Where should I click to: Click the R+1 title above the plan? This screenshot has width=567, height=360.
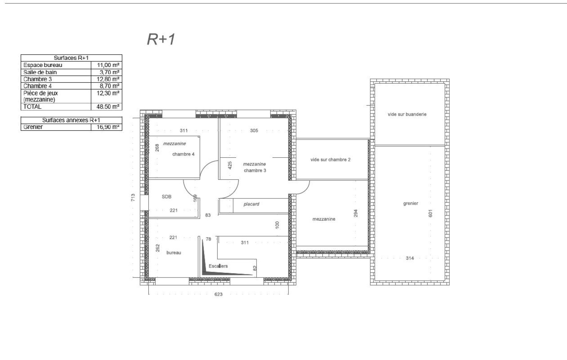[x=161, y=39]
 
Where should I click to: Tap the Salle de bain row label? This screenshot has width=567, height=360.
[x=40, y=72]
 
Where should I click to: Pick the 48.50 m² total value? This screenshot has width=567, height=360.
[x=108, y=107]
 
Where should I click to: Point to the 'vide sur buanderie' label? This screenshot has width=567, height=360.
[x=407, y=114]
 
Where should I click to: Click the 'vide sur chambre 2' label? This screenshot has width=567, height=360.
[x=330, y=159]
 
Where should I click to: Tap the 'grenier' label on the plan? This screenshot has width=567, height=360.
[x=411, y=203]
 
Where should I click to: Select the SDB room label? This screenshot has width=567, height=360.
[x=167, y=196]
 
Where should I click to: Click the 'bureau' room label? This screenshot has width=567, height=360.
[x=174, y=253]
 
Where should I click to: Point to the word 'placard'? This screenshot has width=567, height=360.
[x=251, y=204]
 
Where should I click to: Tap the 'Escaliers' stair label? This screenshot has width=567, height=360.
[x=218, y=266]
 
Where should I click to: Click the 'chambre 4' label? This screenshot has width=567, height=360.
[x=183, y=154]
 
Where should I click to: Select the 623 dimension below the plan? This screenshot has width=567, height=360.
[x=218, y=294]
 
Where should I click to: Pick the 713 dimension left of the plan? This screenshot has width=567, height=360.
[x=133, y=197]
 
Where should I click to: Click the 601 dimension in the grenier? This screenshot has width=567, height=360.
[x=430, y=213]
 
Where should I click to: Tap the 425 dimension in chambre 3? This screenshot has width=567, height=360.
[x=230, y=165]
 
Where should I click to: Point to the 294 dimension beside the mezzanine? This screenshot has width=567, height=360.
[x=355, y=213]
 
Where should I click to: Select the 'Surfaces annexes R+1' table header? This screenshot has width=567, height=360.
[x=71, y=120]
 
